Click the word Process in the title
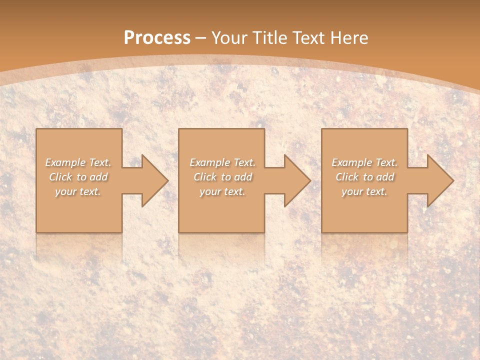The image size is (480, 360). (157, 37)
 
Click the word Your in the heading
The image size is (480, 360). (228, 37)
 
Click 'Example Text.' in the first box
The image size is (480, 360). (78, 162)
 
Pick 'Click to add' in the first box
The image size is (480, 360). (78, 177)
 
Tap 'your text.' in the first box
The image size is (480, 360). (78, 191)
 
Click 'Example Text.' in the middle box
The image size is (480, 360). (222, 162)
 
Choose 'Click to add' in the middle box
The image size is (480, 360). (222, 177)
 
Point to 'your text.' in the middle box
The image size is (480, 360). (222, 191)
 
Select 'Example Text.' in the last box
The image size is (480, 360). (364, 162)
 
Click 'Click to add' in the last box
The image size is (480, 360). (364, 177)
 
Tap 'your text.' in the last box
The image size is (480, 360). (364, 191)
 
